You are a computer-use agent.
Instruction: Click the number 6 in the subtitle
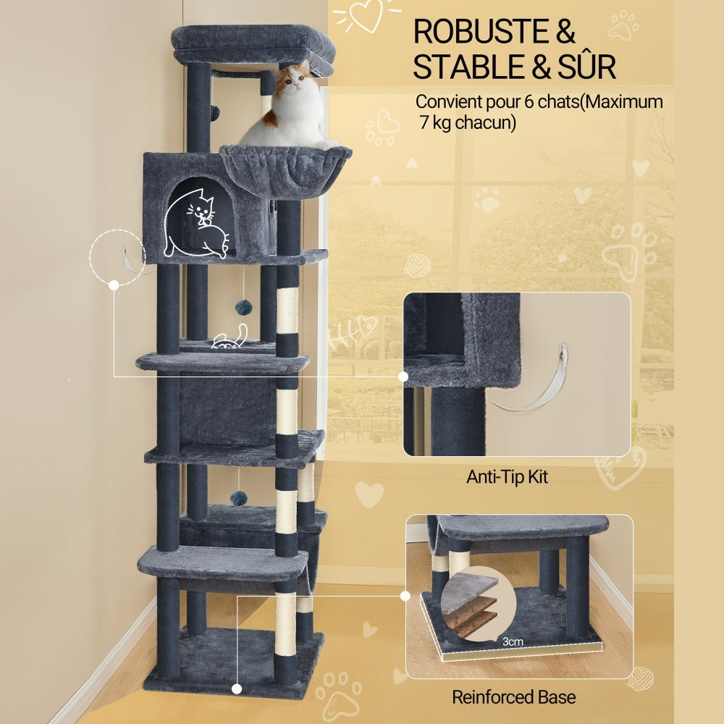(x=529, y=101)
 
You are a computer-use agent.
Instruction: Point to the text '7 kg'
(x=435, y=122)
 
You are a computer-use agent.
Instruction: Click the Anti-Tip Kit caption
(x=507, y=476)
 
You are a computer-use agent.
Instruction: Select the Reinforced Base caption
(x=513, y=696)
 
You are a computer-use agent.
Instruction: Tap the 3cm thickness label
(x=513, y=641)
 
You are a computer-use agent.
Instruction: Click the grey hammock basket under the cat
(x=285, y=169)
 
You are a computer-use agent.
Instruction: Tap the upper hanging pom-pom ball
(x=243, y=307)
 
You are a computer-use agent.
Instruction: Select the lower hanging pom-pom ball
(x=239, y=498)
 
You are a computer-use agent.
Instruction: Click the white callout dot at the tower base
(x=237, y=689)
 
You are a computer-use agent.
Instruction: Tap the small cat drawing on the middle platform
(x=230, y=337)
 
